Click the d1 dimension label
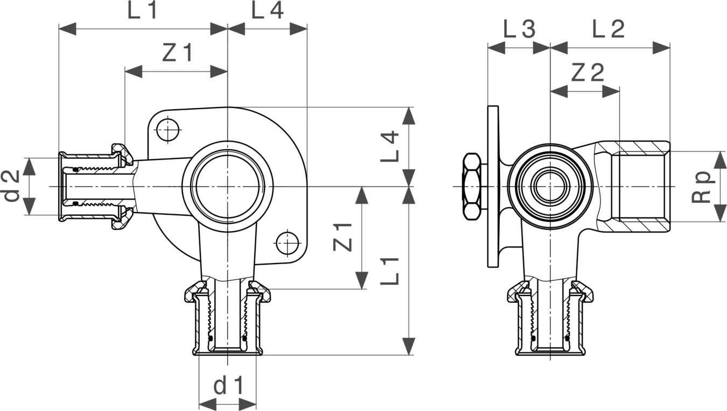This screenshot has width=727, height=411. click(228, 385)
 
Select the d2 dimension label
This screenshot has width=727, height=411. click(12, 186)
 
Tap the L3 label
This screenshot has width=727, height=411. click(519, 29)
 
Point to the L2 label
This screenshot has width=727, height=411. click(609, 29)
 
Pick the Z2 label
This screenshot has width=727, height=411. click(588, 73)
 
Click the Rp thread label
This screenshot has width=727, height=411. click(703, 187)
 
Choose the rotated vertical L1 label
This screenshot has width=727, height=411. click(389, 271)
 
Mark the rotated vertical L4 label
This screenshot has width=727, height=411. click(389, 146)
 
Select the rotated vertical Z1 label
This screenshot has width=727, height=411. click(342, 237)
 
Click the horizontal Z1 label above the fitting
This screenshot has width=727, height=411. click(178, 53)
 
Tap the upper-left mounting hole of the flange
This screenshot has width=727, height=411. click(168, 130)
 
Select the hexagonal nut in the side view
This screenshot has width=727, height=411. click(472, 187)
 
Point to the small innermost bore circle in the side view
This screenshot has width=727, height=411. click(550, 187)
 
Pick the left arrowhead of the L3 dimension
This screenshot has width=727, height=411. click(497, 48)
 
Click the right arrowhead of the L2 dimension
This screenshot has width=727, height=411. click(661, 48)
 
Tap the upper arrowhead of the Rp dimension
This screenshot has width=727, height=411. click(721, 160)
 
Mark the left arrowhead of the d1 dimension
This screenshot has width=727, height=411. click(208, 404)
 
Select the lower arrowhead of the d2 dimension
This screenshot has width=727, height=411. click(29, 206)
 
